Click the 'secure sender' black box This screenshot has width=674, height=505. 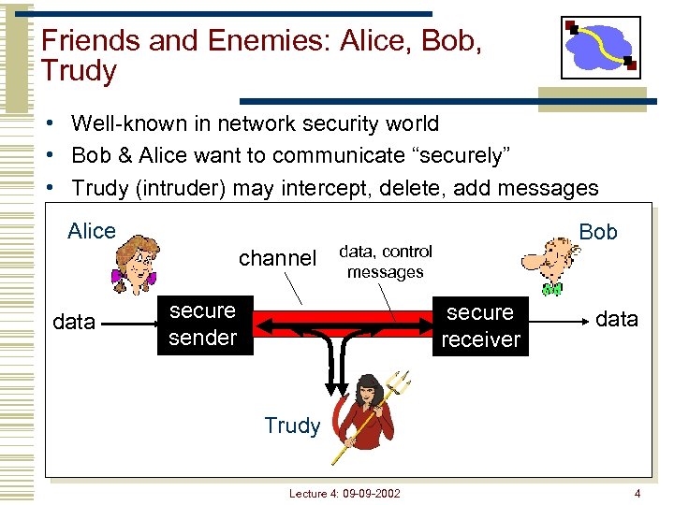click(x=203, y=324)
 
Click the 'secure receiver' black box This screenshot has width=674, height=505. click(x=480, y=326)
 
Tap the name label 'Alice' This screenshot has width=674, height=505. click(x=92, y=231)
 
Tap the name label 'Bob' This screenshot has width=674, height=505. click(x=598, y=232)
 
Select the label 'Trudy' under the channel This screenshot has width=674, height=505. click(x=292, y=426)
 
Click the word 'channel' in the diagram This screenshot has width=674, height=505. click(x=277, y=258)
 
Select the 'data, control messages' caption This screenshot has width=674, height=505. click(x=386, y=262)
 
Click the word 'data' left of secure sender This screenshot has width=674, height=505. click(x=74, y=323)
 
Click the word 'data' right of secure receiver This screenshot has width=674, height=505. click(x=617, y=319)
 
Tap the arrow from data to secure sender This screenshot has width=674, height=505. click(x=125, y=324)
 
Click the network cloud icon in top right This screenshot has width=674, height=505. click(x=600, y=47)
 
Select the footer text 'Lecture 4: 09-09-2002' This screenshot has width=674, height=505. click(x=344, y=493)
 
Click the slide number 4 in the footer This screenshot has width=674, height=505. click(x=637, y=493)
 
